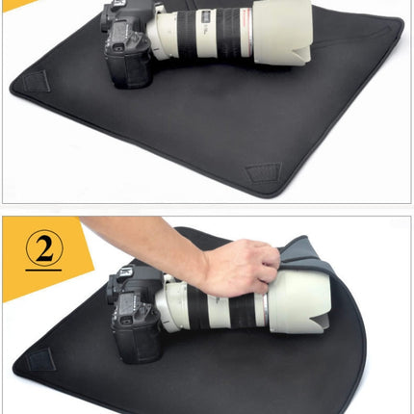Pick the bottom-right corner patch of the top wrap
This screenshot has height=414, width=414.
click(261, 174)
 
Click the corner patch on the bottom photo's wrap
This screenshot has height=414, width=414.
click(38, 360)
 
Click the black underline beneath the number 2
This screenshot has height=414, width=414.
click(43, 271)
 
